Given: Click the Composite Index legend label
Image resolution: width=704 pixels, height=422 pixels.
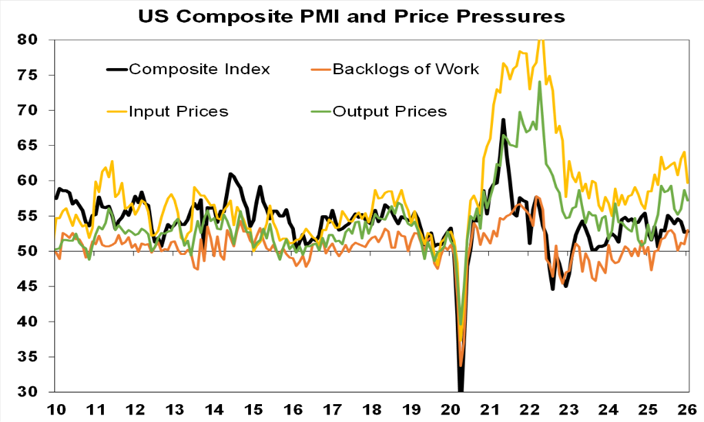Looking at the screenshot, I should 200,69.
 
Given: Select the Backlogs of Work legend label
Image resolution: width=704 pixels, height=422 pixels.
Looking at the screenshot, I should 405,69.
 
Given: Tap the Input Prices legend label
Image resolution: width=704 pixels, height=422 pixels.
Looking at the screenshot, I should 180,111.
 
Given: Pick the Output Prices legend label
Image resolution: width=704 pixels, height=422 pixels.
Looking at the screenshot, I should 389,111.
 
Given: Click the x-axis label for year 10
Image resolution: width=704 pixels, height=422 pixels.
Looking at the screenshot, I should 56,408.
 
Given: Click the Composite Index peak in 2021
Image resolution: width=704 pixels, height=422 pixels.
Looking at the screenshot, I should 503,120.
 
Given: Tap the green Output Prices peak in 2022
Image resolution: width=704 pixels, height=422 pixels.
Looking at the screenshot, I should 540,82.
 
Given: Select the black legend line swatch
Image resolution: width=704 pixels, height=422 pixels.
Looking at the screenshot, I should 116,69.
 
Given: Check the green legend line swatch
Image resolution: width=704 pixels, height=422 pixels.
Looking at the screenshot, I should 321,111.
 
